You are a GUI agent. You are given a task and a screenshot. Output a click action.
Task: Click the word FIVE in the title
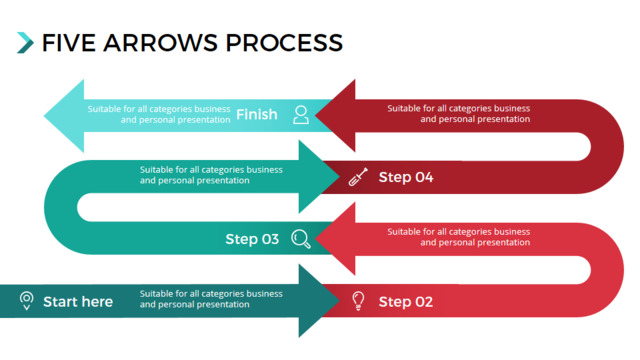[69, 43]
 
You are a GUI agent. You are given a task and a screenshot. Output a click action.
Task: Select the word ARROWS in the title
[160, 43]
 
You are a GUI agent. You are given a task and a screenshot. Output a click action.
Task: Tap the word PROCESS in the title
[284, 43]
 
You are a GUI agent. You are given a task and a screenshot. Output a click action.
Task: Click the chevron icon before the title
[25, 43]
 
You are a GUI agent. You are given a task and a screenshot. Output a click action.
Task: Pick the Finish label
[257, 114]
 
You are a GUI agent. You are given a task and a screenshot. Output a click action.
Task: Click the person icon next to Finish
[301, 115]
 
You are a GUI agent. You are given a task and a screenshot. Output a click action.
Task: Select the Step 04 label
[406, 177]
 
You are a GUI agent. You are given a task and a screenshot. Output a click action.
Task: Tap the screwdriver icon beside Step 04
[358, 177]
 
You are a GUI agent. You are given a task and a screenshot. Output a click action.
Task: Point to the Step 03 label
[252, 239]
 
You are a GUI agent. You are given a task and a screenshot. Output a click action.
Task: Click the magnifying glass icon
[301, 239]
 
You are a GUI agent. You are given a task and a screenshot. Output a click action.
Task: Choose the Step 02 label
[406, 302]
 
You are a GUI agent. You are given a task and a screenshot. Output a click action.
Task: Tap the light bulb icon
[358, 301]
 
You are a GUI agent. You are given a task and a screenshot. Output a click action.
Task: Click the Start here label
[78, 302]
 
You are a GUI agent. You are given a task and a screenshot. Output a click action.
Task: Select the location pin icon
[27, 301]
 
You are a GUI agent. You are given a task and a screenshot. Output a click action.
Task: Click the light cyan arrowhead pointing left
[64, 116]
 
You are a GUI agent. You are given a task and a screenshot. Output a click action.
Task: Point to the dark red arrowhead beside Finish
[336, 116]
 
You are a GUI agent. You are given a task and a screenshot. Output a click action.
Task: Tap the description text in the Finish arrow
[159, 114]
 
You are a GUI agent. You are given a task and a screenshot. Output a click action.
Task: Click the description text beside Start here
[211, 299]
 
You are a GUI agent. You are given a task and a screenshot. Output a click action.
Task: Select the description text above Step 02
[459, 237]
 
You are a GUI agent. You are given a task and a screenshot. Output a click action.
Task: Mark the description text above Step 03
[211, 175]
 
